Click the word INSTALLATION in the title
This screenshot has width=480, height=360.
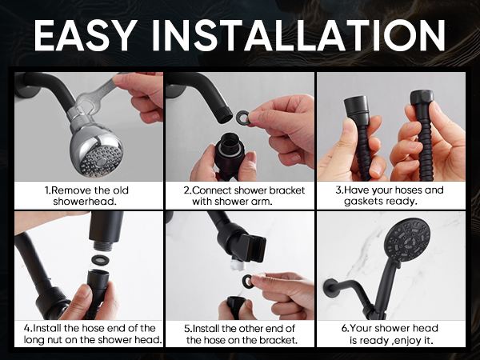(x=298, y=35)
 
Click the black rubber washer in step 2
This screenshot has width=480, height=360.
(x=243, y=118)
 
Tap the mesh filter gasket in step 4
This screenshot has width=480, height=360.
(x=101, y=260)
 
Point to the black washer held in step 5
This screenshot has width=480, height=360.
(x=248, y=282)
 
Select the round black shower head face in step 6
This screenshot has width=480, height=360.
(x=407, y=240)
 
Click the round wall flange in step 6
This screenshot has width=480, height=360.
(x=327, y=288)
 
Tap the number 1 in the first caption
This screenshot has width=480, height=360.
(x=46, y=190)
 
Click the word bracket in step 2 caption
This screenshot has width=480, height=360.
(x=287, y=190)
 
